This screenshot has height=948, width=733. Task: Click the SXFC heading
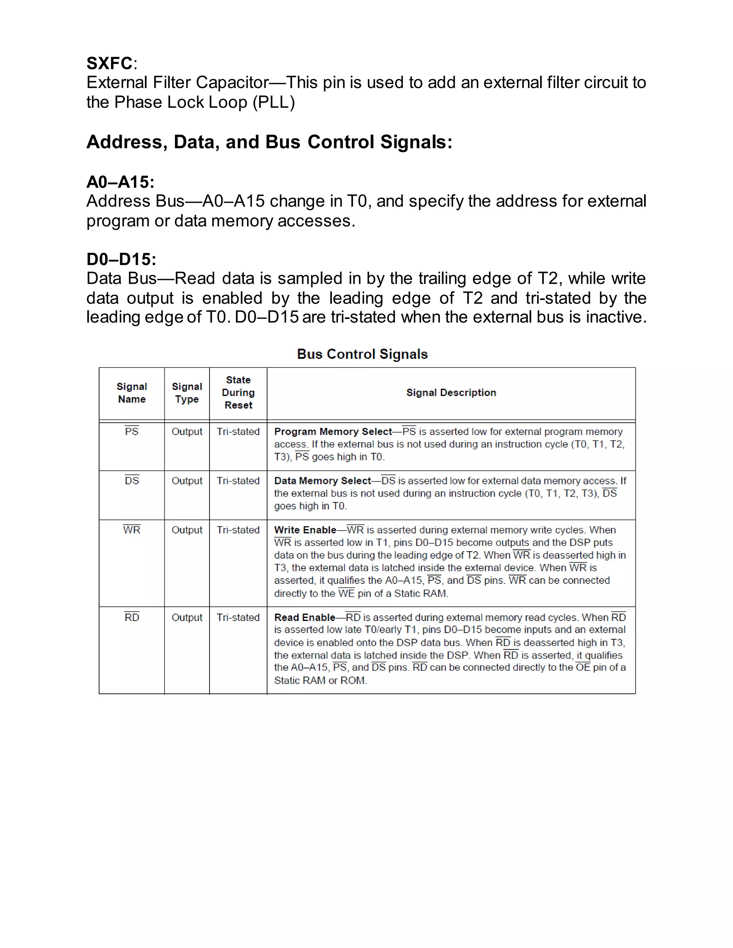coord(110,63)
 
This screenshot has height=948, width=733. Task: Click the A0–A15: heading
coord(120,182)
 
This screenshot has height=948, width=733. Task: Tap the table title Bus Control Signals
coord(362,354)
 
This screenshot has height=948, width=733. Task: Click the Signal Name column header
coord(132,393)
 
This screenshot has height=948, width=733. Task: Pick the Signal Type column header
coord(187,393)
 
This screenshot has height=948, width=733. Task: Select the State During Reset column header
coord(238,392)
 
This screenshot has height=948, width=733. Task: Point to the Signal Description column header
coord(451,392)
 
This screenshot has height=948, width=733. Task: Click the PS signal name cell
coord(132,431)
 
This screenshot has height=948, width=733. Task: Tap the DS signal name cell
coord(132,480)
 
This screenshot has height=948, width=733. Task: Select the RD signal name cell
coord(132,617)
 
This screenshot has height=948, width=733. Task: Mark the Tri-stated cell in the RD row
coord(238,617)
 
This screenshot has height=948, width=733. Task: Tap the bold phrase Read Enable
coord(305,617)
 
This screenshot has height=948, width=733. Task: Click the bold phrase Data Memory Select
coord(322,480)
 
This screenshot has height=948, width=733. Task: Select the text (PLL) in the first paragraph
coord(273,102)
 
